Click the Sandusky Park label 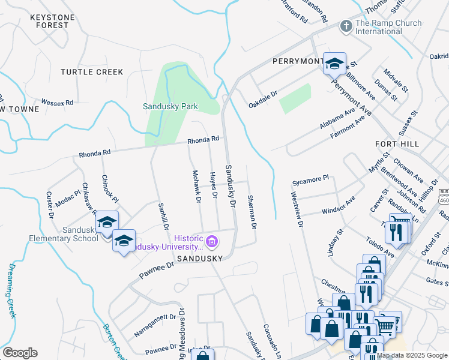point(170,106)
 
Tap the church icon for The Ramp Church point(346,26)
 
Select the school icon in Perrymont point(334,63)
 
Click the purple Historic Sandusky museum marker point(211,242)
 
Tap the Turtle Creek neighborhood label point(92,72)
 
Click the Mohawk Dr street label point(196,187)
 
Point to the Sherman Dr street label point(253,212)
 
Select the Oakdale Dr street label point(263,100)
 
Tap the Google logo point(20,352)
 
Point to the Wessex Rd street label point(57,103)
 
